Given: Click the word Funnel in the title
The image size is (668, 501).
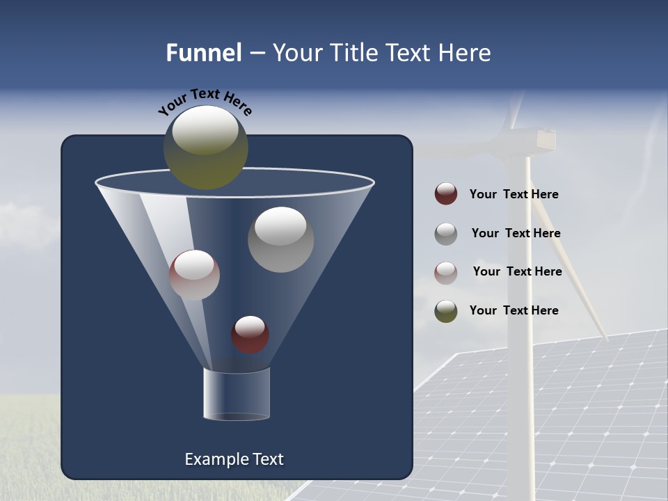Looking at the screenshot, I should coord(203,53).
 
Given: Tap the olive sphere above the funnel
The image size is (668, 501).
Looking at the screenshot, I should coord(206,148).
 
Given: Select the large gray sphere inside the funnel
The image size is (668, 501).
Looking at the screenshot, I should coord(281,239).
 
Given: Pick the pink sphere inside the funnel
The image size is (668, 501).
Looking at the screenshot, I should coord(194,275).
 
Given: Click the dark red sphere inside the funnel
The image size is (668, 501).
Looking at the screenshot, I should coord(250,334).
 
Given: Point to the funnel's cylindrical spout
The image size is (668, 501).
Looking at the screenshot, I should coord(236,394).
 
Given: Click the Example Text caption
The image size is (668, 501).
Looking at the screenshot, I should coord(234,459).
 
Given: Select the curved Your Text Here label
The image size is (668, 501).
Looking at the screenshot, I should coord(205,102).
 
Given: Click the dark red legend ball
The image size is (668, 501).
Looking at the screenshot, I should coord(446,194).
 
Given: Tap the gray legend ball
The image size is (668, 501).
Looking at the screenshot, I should coord(446,233).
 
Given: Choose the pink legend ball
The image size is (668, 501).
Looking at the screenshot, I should coord(446,272).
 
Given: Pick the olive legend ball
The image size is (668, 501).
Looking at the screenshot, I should coord(446,310).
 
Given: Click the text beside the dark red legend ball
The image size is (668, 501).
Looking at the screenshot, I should coord(514,194).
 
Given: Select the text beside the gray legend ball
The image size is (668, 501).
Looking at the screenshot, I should coord(516,233).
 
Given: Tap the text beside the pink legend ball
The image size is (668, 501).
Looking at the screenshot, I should coord(517,271).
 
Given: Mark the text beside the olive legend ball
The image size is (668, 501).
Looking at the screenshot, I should coord(514,310).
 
